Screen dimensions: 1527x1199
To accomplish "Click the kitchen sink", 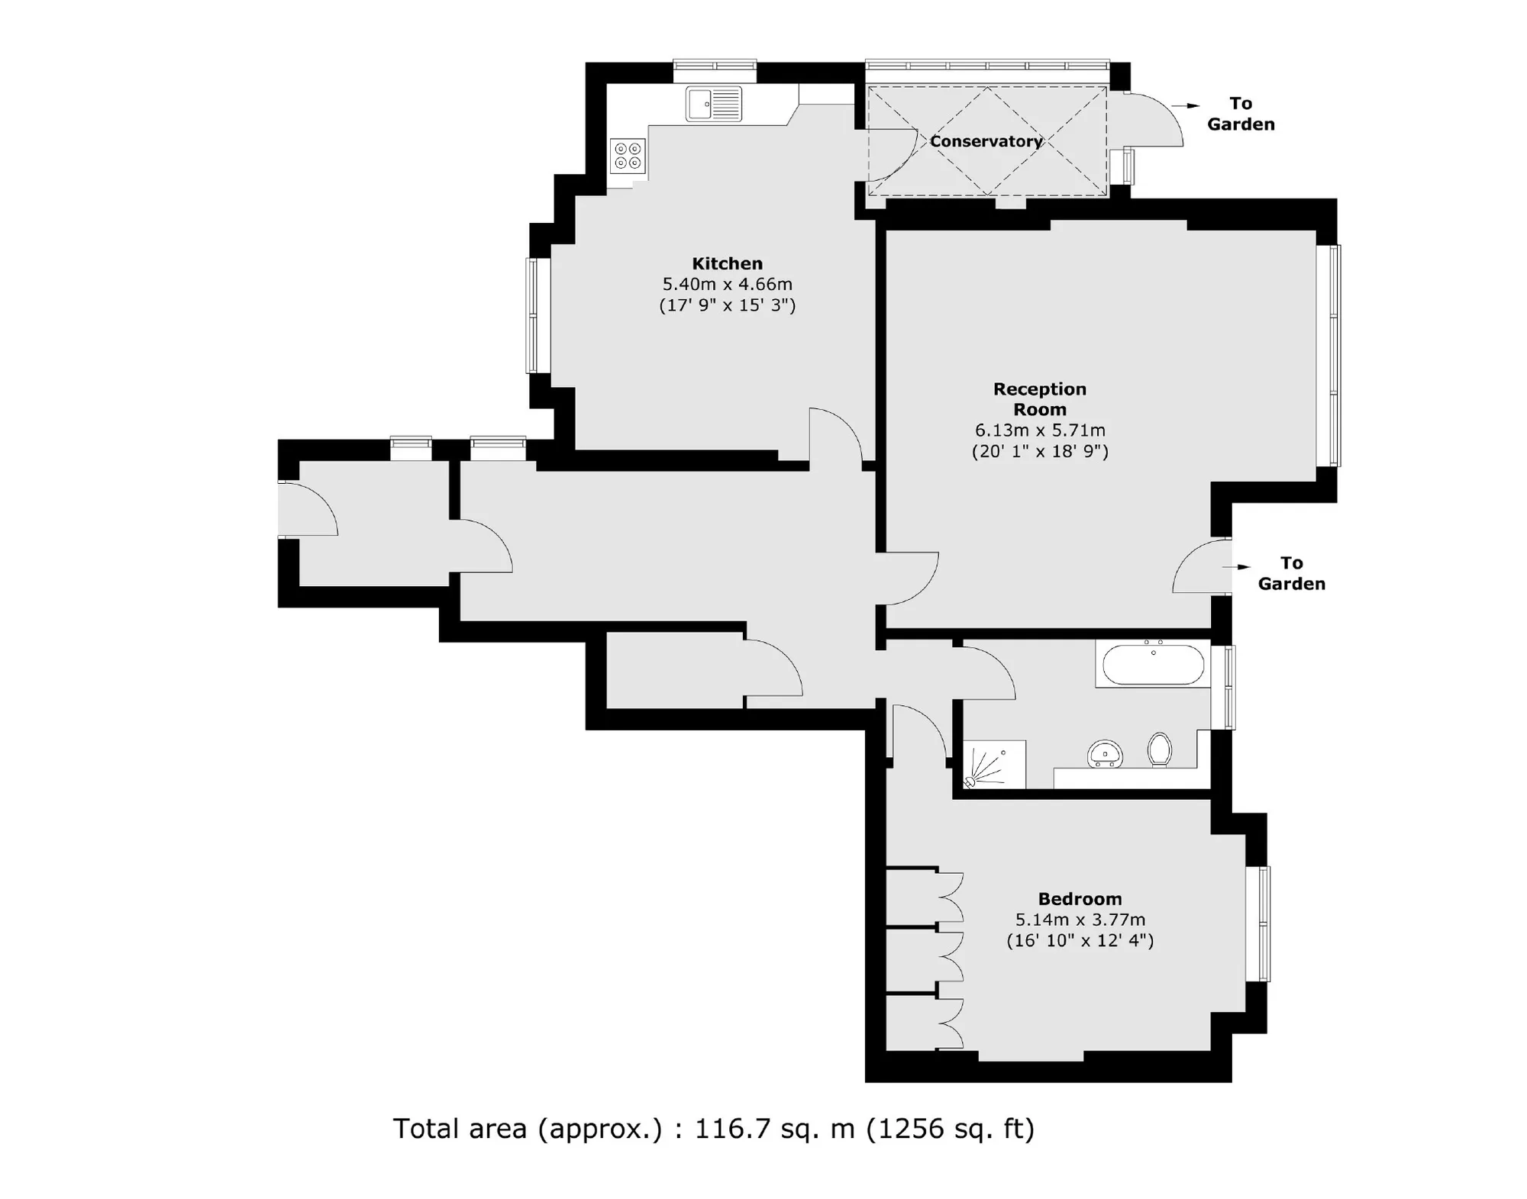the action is (714, 104).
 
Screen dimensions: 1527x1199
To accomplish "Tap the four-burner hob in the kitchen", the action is (628, 156).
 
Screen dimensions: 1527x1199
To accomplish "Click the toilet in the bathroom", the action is (1160, 749).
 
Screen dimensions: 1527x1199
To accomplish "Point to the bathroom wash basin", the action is (1104, 753).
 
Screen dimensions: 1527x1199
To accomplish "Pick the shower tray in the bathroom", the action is (994, 764).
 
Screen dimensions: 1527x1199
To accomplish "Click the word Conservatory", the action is (986, 141).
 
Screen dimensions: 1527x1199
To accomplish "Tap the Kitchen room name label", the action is (727, 263).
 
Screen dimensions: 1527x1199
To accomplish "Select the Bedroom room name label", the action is (1080, 899).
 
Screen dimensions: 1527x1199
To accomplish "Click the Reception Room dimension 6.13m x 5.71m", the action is (1040, 430).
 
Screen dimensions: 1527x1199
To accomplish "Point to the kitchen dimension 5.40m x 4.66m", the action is (727, 284).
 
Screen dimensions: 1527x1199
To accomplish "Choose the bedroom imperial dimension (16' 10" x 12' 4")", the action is (1080, 940).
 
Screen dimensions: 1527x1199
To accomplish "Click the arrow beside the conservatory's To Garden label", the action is (1186, 106).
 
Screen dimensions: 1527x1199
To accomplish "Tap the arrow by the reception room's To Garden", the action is (1237, 567).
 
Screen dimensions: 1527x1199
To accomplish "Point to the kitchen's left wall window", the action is (538, 315).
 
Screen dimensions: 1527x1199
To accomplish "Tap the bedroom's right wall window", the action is (1258, 923).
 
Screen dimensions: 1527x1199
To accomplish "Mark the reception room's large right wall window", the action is (1328, 355).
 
